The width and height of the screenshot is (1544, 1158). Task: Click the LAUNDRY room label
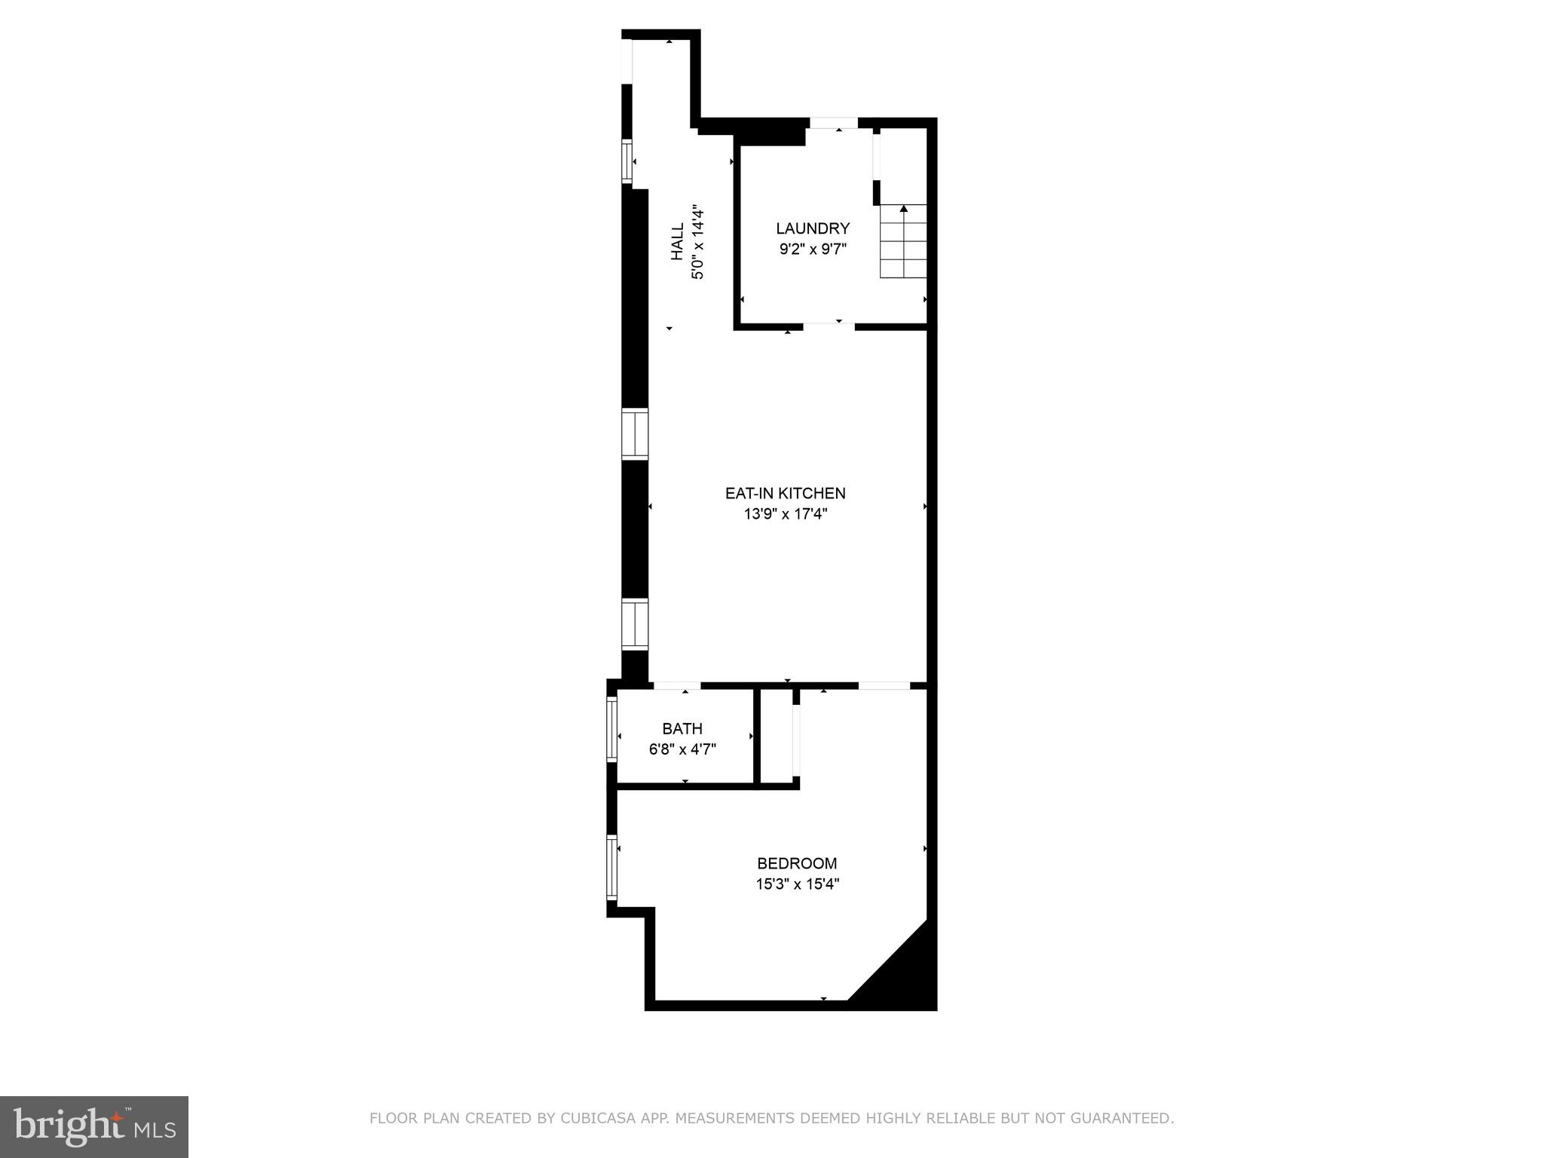tap(813, 228)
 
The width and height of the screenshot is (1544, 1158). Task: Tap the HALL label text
tap(678, 241)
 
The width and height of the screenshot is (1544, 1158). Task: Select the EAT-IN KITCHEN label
tap(785, 493)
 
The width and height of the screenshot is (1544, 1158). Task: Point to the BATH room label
tap(682, 729)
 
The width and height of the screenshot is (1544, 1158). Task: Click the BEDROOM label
tap(797, 863)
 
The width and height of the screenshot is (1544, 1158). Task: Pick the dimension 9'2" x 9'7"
tap(813, 249)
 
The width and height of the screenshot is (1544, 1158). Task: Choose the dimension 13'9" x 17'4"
tap(785, 514)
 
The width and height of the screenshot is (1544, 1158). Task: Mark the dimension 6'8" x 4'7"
tap(682, 749)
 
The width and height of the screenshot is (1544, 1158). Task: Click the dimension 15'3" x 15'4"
tap(797, 884)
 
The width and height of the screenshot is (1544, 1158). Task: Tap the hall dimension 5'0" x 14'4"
tap(697, 241)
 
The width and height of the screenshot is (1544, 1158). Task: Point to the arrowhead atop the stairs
tap(903, 208)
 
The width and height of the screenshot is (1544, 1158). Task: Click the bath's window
tap(612, 729)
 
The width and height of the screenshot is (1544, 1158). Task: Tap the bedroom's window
tap(612, 866)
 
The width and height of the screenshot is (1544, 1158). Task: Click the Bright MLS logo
tap(94, 1127)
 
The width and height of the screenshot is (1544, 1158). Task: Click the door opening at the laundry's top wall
tap(833, 123)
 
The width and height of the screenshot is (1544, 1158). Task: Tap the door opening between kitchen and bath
tap(676, 685)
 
